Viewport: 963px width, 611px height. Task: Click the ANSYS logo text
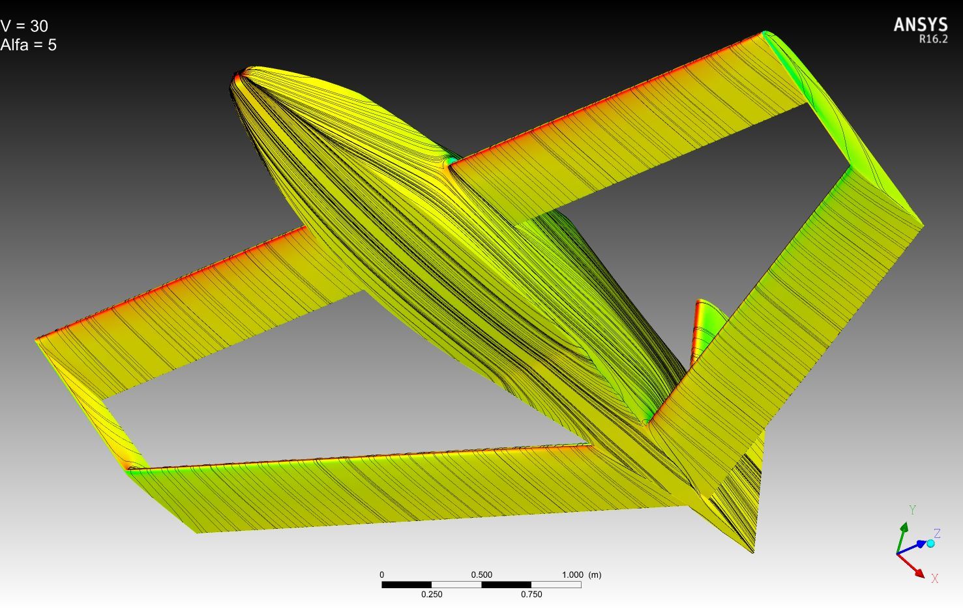[921, 25]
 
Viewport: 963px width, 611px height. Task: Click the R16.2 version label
[934, 39]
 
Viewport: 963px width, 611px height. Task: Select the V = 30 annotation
[24, 26]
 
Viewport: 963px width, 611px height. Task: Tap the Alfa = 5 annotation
[29, 45]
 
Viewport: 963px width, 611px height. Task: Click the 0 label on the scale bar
[382, 575]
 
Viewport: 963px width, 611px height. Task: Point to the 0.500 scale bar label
[481, 575]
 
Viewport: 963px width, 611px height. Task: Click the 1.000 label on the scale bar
[572, 575]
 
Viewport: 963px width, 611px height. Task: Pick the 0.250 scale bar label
[432, 594]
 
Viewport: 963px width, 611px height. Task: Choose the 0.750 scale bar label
[531, 594]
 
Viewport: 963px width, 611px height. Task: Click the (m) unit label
[595, 575]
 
